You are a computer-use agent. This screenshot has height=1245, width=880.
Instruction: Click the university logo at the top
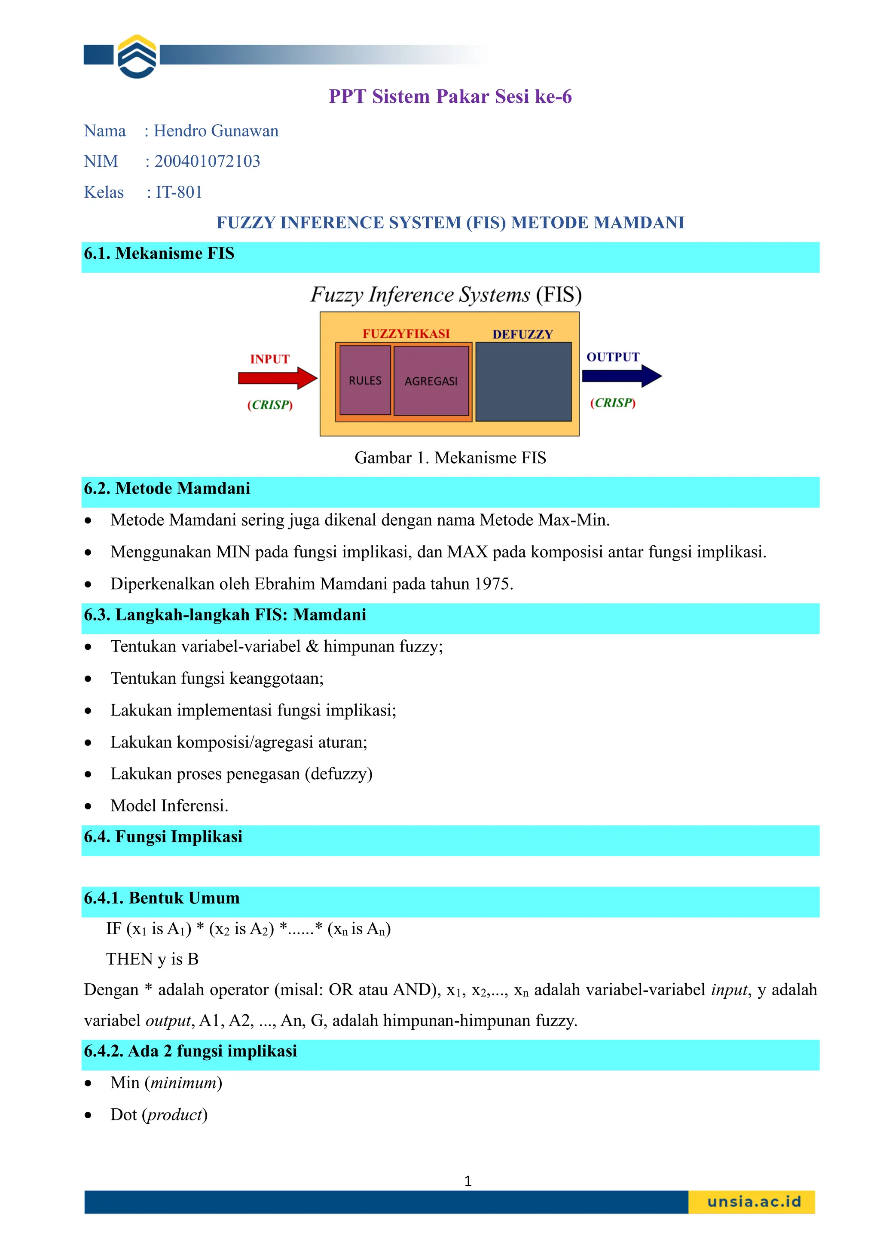pyautogui.click(x=137, y=56)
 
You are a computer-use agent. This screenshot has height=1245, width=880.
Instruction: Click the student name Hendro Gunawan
pyautogui.click(x=216, y=131)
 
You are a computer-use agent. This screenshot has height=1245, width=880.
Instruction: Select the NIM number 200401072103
pyautogui.click(x=207, y=161)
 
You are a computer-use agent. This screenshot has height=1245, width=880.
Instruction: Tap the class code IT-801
pyautogui.click(x=179, y=192)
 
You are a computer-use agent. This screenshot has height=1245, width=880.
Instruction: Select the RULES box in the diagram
pyautogui.click(x=365, y=381)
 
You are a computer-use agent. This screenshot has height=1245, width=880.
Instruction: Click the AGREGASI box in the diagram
pyautogui.click(x=431, y=381)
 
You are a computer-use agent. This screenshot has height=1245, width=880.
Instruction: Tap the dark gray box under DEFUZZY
pyautogui.click(x=523, y=382)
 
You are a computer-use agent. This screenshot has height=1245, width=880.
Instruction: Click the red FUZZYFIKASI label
pyautogui.click(x=406, y=333)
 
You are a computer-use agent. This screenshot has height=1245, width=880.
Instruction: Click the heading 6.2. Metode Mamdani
pyautogui.click(x=167, y=489)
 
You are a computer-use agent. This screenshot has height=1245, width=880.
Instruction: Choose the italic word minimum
pyautogui.click(x=183, y=1083)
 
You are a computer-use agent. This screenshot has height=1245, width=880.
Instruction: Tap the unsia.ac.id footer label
pyautogui.click(x=754, y=1202)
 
